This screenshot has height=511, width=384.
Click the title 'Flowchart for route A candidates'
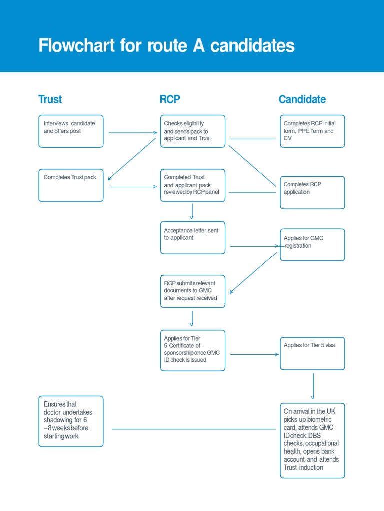pos(166,46)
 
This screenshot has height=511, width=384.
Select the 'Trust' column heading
pos(50,99)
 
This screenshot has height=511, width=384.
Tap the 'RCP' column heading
pos(169,99)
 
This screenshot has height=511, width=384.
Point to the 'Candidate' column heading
pos(302,99)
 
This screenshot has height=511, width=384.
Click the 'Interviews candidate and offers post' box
pos(71,131)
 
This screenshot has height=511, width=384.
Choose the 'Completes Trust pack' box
pos(71,185)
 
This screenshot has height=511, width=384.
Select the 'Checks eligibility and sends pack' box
pos(193,131)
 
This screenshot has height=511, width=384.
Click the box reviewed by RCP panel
pos(193,185)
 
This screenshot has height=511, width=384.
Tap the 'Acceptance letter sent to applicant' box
pos(193,238)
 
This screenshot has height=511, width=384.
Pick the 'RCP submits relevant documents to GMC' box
pos(193,291)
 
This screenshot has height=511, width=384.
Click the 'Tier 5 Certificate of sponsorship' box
pos(193,350)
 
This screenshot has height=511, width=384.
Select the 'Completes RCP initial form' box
pos(312,131)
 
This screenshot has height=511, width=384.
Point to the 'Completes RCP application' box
pos(312,192)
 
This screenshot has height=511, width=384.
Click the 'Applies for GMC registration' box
pos(312,245)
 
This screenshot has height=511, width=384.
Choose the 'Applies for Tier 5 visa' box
pos(312,353)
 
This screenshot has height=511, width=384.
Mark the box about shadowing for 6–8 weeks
pos(71,421)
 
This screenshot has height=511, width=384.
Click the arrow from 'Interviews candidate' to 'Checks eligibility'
pos(132,132)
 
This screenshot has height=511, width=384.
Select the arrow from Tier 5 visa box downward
pos(313,385)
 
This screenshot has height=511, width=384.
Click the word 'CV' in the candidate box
pos(287,138)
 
